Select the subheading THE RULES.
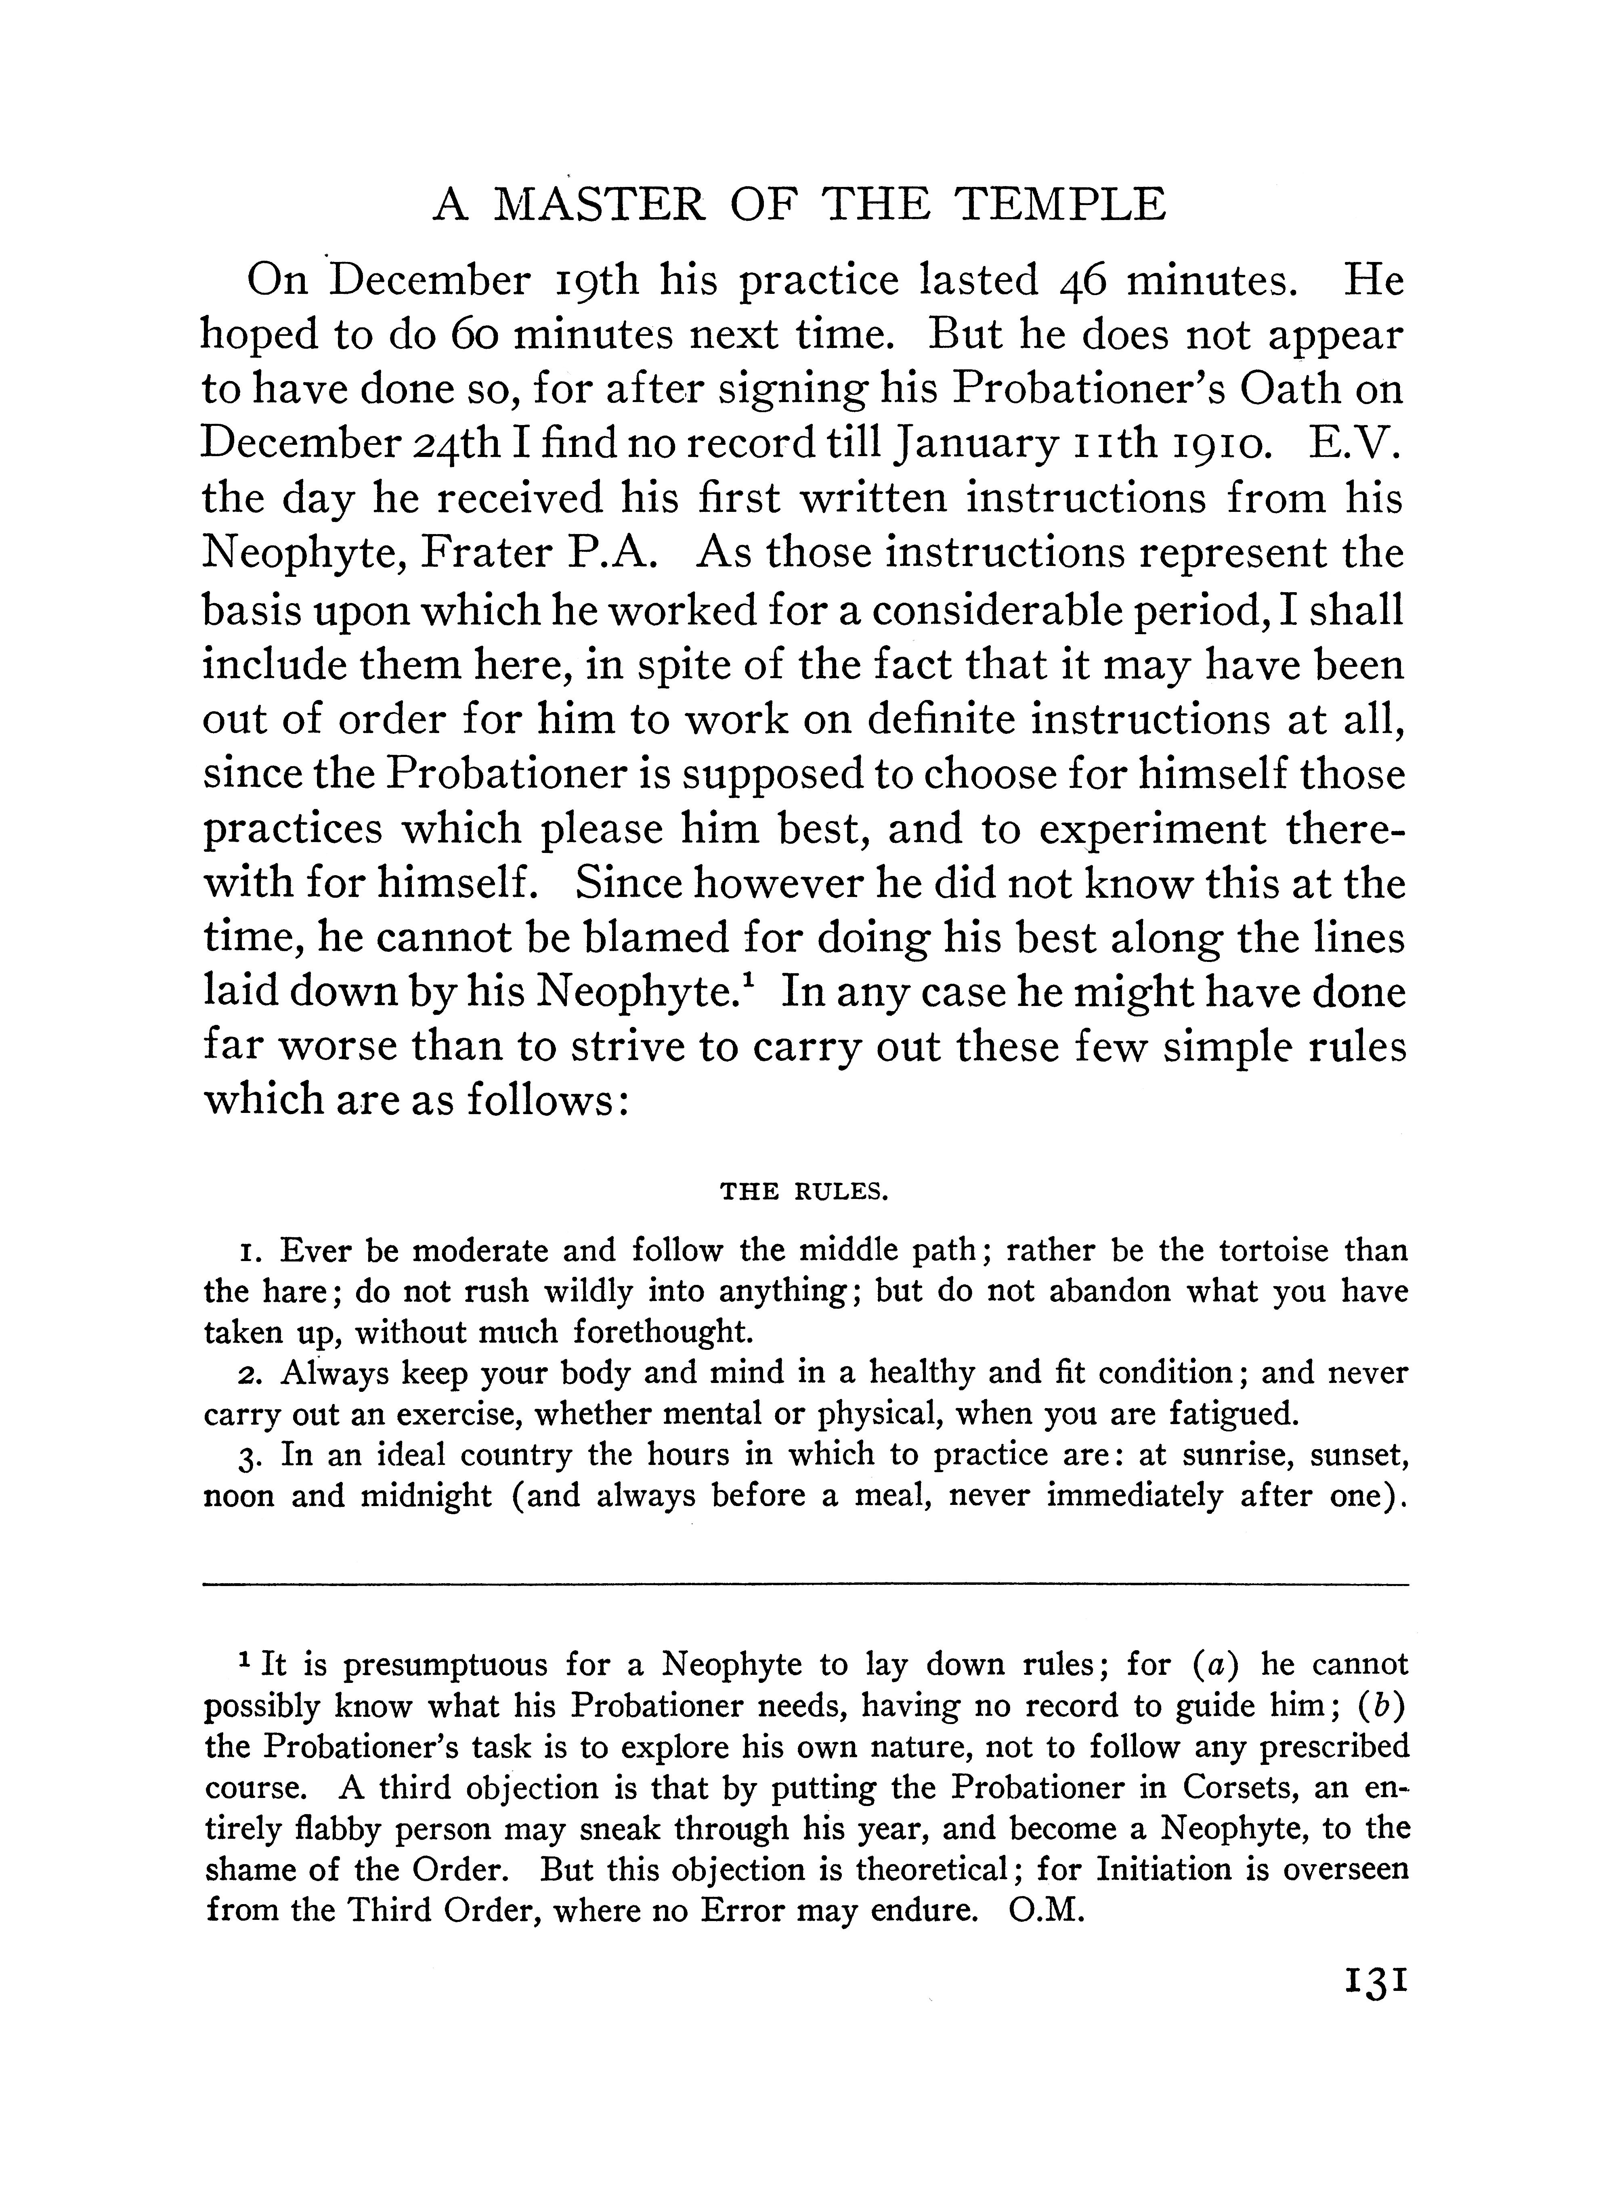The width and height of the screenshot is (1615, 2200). click(803, 1191)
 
